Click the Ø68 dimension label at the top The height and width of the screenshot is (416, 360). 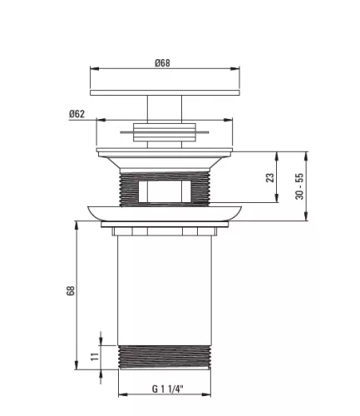tap(162, 63)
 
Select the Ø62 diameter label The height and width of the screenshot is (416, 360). tap(76, 114)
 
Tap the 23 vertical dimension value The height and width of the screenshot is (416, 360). tap(269, 177)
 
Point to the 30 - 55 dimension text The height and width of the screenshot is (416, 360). tap(299, 186)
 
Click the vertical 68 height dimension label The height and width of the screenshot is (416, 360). tap(71, 290)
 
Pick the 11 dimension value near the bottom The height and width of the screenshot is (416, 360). tap(95, 356)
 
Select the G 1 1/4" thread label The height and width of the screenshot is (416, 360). tap(168, 389)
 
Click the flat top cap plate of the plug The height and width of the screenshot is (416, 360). tap(165, 92)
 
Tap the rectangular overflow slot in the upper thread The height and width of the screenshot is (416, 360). tap(165, 191)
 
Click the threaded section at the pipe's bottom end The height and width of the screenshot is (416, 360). tap(165, 357)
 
